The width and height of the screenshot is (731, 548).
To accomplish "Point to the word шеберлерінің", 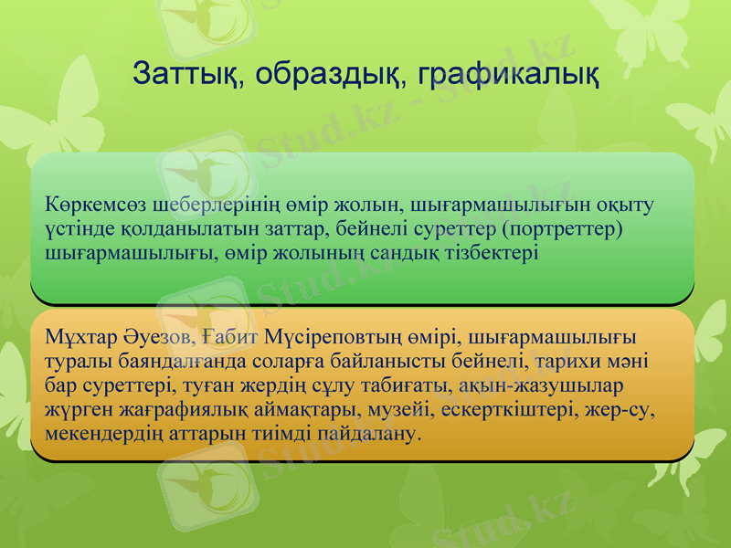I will (188, 203).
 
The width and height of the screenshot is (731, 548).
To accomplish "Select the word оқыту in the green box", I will (629, 203).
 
